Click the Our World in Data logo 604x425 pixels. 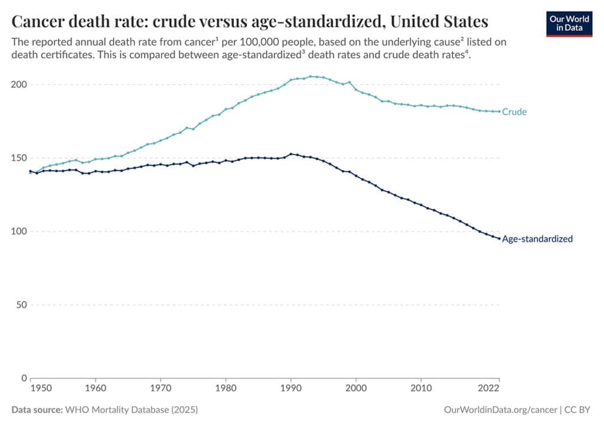tap(569, 23)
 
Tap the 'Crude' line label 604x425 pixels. tap(514, 112)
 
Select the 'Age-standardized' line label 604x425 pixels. tap(537, 239)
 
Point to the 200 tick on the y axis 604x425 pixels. tap(19, 84)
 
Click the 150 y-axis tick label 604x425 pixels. tap(19, 158)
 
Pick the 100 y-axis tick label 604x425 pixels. tap(19, 231)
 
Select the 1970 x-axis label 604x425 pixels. tap(160, 390)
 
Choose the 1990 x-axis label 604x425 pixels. tap(290, 390)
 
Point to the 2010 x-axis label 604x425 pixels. tap(421, 390)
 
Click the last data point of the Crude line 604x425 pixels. tap(499, 112)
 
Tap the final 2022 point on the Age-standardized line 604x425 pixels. tap(499, 238)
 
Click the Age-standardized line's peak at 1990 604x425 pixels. tap(290, 154)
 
